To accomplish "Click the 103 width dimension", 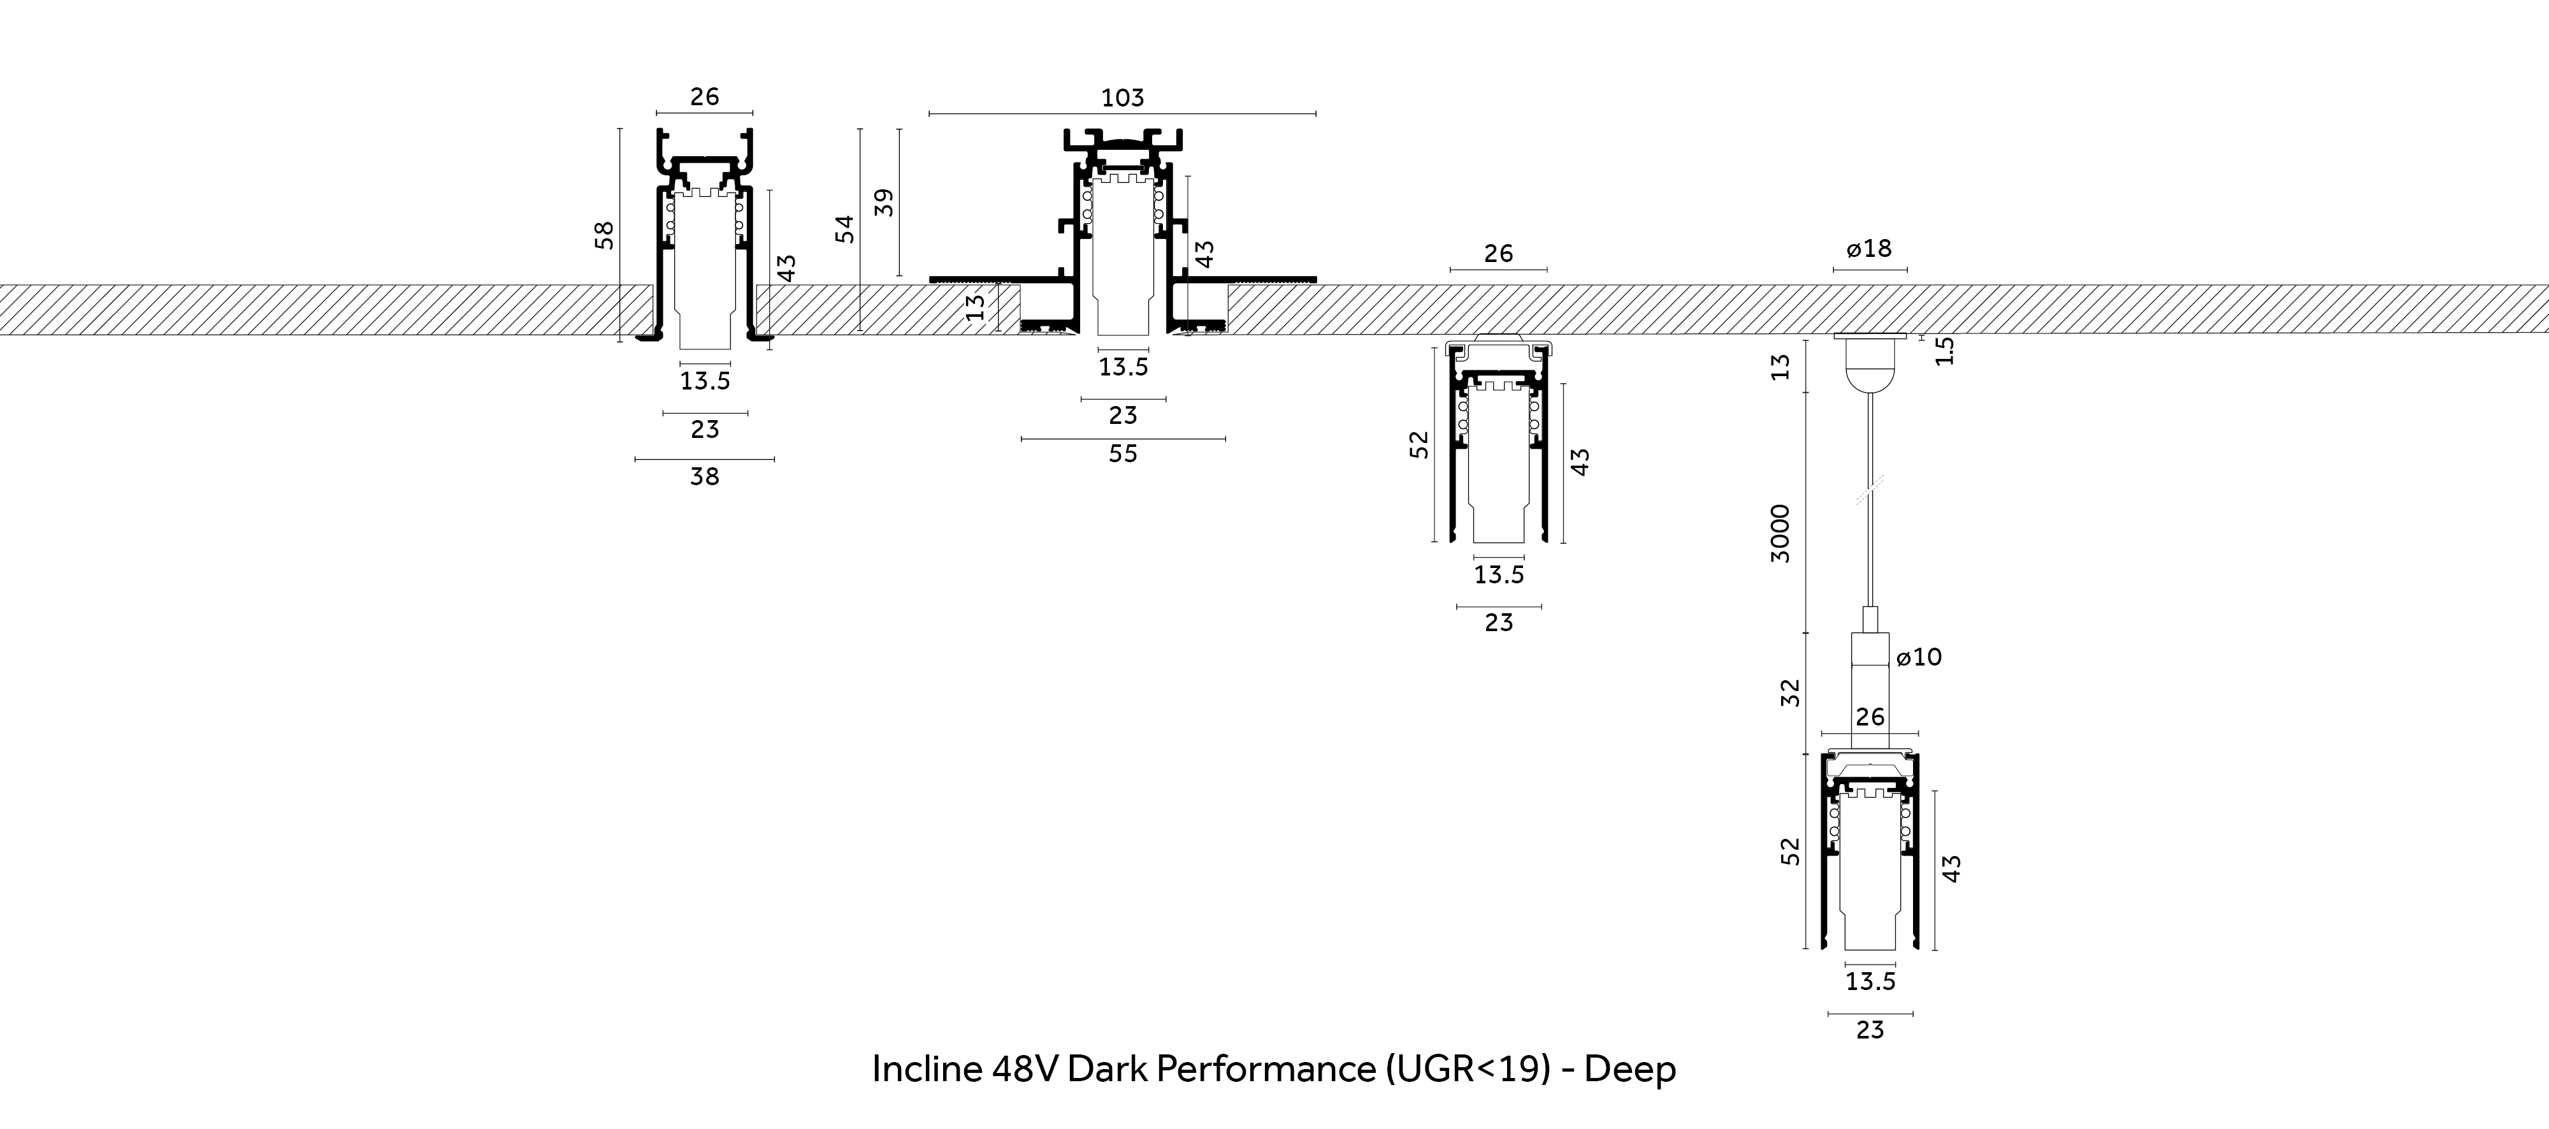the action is (x=1122, y=98).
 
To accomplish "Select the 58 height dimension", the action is (x=603, y=235).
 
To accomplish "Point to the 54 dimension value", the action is (x=844, y=229).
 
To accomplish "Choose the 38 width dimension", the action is (x=705, y=477).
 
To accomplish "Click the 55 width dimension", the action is (x=1123, y=454).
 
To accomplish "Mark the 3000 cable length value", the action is (x=1780, y=534).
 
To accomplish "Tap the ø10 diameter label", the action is (x=1919, y=657).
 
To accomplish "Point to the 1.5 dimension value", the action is (x=1944, y=350).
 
